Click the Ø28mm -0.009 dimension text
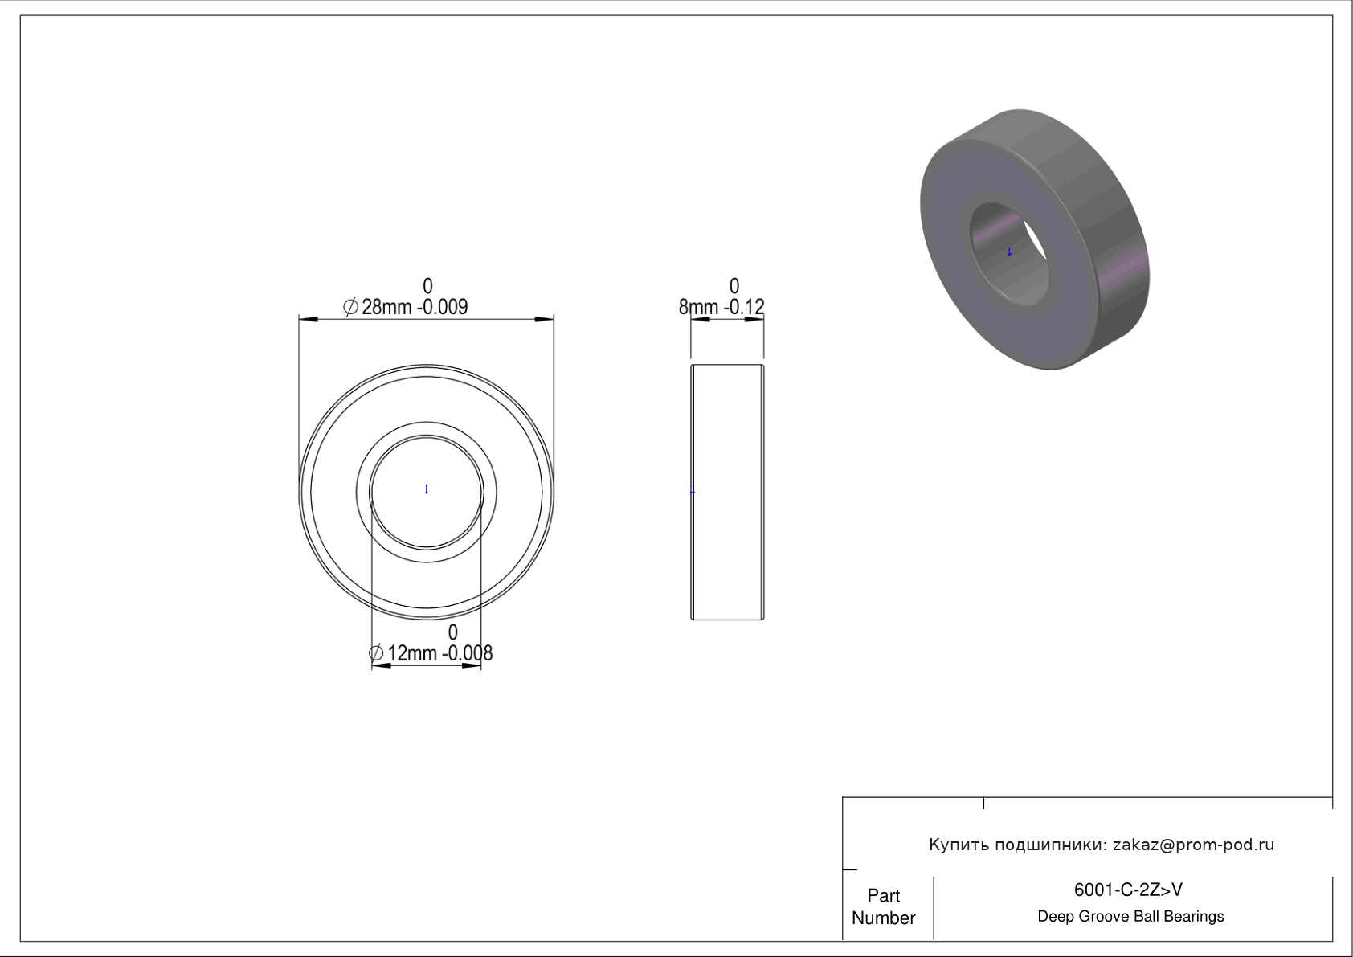tap(405, 307)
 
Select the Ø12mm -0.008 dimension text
tap(431, 653)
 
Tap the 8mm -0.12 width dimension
tap(721, 307)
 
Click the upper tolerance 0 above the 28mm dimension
tap(427, 286)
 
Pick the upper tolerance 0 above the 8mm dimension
tap(734, 286)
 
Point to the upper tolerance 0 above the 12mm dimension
tap(453, 632)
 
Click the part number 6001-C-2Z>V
tap(1128, 890)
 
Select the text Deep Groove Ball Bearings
tap(1130, 917)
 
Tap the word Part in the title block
tap(883, 895)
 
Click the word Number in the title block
tap(883, 918)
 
